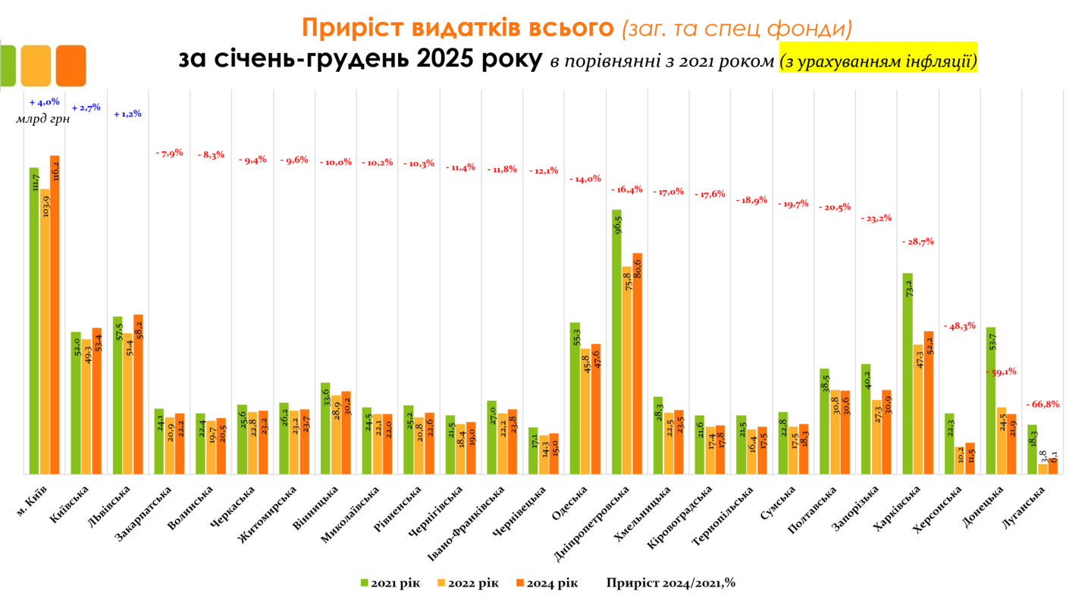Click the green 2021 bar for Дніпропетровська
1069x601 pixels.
[x=616, y=341]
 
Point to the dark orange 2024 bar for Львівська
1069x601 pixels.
[x=138, y=394]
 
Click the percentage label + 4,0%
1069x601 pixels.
[x=44, y=102]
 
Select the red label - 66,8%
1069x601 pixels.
[x=1042, y=404]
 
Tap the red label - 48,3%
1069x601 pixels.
[x=959, y=325]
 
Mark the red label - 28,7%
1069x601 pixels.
[x=917, y=241]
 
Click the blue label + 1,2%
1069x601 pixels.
[x=127, y=114]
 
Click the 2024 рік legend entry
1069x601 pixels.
[x=547, y=583]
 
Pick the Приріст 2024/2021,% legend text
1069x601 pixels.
[x=670, y=583]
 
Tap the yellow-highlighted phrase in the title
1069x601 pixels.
[x=878, y=61]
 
